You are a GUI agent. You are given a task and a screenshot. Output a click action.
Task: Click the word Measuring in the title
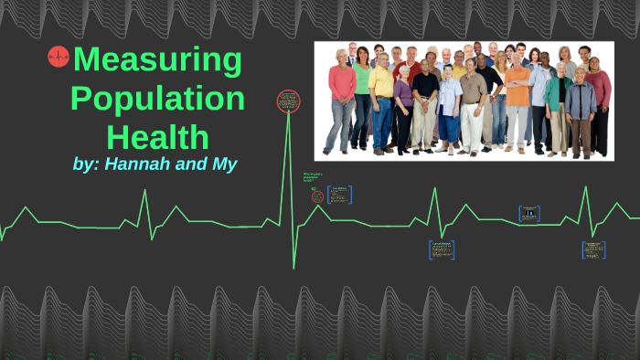pyautogui.click(x=157, y=62)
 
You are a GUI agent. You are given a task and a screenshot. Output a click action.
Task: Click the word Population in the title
pyautogui.click(x=157, y=99)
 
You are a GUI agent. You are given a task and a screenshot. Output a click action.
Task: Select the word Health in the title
pyautogui.click(x=157, y=137)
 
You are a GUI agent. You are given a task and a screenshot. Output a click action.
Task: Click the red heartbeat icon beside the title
pyautogui.click(x=59, y=58)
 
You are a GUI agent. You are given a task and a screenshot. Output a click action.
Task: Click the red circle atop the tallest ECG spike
pyautogui.click(x=288, y=100)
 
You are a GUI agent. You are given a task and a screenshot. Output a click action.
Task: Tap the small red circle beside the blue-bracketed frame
pyautogui.click(x=317, y=196)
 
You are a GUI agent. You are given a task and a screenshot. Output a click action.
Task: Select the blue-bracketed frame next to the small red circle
pyautogui.click(x=339, y=195)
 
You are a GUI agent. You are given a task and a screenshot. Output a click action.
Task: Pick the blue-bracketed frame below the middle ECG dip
pyautogui.click(x=442, y=249)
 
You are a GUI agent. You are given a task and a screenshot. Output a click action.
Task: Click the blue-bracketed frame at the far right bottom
pyautogui.click(x=593, y=249)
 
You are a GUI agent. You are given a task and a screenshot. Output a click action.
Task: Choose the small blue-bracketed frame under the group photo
pyautogui.click(x=528, y=213)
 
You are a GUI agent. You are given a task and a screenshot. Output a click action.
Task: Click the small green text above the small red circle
pyautogui.click(x=314, y=177)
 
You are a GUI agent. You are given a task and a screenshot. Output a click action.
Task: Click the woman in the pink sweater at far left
pyautogui.click(x=342, y=96)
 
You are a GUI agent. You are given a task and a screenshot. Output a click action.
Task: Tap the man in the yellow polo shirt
pyautogui.click(x=380, y=96)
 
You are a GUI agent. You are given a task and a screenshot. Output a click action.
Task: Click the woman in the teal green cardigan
pyautogui.click(x=557, y=101)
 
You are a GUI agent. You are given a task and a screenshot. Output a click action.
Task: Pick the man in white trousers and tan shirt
pyautogui.click(x=472, y=105)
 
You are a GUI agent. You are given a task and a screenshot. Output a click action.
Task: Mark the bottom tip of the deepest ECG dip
pyautogui.click(x=293, y=268)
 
